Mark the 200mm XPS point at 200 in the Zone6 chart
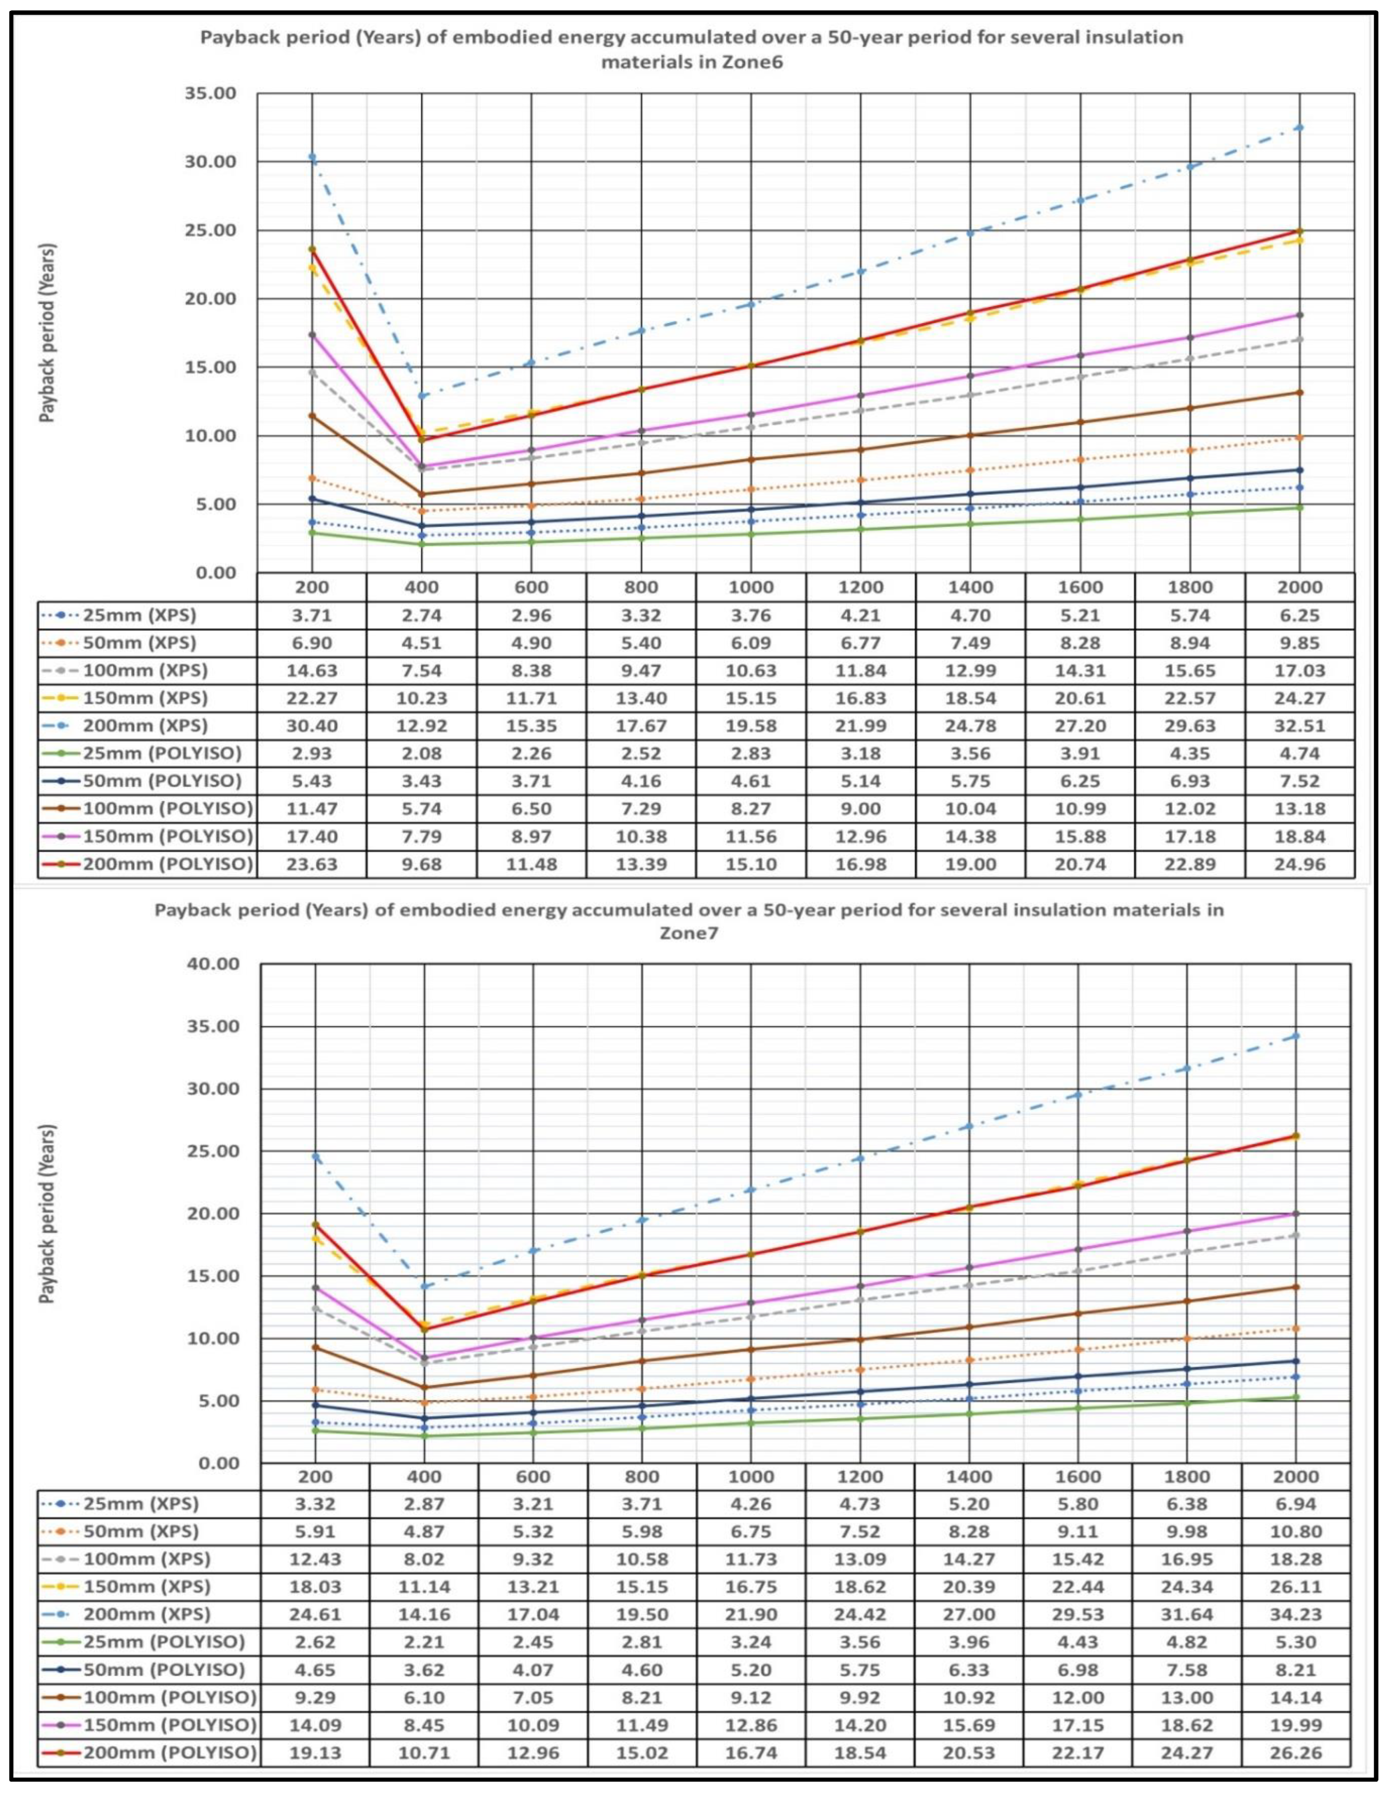point(312,157)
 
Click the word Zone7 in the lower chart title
point(688,933)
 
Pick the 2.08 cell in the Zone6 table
point(422,753)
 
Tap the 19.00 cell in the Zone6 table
point(970,863)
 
